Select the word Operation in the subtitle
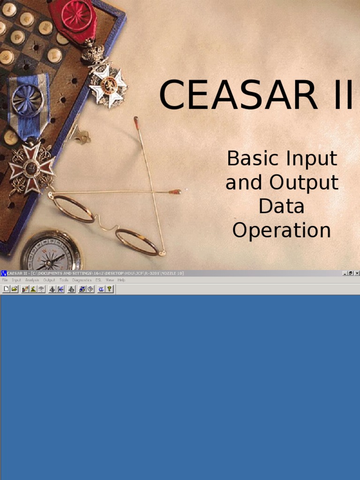pos(282,230)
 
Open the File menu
pos(5,280)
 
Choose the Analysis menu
pos(32,280)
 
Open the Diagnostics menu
pos(82,280)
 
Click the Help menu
pos(121,280)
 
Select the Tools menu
pos(64,280)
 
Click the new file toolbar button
pos(6,289)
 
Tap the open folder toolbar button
pos(14,289)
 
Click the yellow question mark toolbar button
pos(109,289)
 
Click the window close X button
pos(357,273)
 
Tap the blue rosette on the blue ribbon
pos(28,100)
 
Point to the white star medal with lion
pos(108,84)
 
